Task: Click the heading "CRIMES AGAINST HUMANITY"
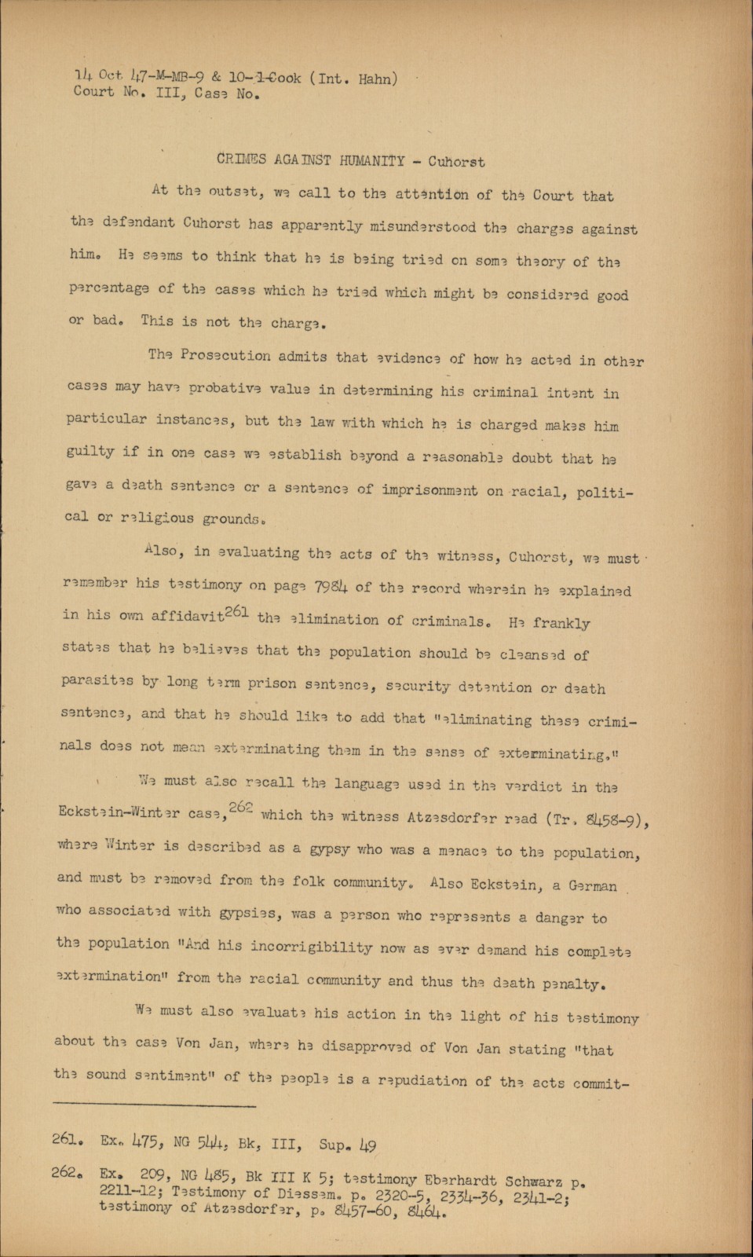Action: (310, 160)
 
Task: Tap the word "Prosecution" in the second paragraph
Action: (221, 355)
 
